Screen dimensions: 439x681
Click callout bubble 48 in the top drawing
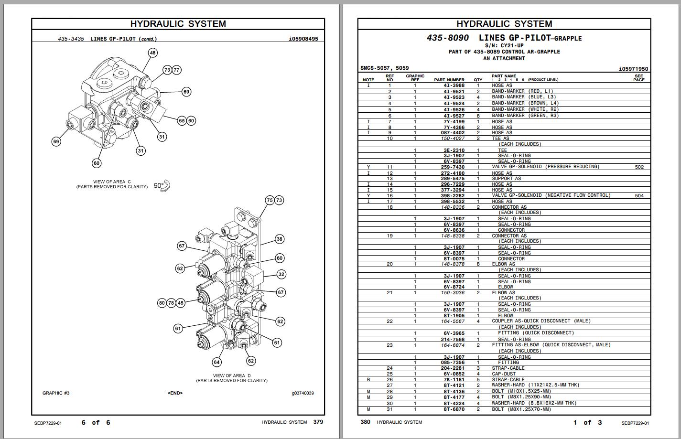(152, 53)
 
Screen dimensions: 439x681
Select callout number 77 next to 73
(176, 70)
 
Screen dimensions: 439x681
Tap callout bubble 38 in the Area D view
(280, 239)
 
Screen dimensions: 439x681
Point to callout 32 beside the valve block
(281, 274)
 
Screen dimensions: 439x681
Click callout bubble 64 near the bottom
(217, 362)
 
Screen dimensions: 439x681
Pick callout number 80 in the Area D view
(162, 303)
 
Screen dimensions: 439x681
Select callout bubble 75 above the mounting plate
(270, 200)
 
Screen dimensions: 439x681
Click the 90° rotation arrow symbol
(166, 185)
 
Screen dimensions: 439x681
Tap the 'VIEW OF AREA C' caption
(112, 182)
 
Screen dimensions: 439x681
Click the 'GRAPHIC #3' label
(56, 393)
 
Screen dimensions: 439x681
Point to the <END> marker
(175, 393)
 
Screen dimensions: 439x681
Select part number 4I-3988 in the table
(454, 86)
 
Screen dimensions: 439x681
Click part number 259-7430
(452, 167)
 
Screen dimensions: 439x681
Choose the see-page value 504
(639, 195)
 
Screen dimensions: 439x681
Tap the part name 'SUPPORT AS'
(506, 179)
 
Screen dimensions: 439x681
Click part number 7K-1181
(454, 380)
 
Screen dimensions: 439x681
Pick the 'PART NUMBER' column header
(449, 80)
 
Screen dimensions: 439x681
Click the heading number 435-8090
(447, 38)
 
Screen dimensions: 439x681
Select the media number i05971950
(633, 69)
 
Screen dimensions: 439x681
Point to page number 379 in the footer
(318, 422)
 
